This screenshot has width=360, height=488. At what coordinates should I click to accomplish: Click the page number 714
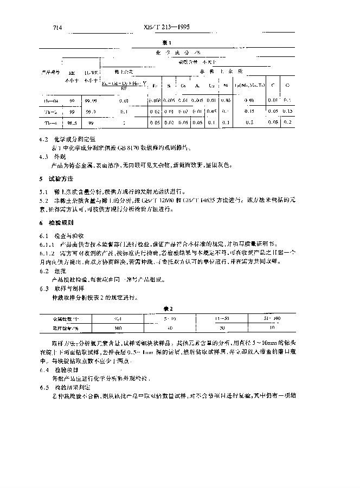coord(57,27)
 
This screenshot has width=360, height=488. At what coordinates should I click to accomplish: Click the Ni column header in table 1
coord(226,86)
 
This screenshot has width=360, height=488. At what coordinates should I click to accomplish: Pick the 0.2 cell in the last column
coord(287,123)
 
